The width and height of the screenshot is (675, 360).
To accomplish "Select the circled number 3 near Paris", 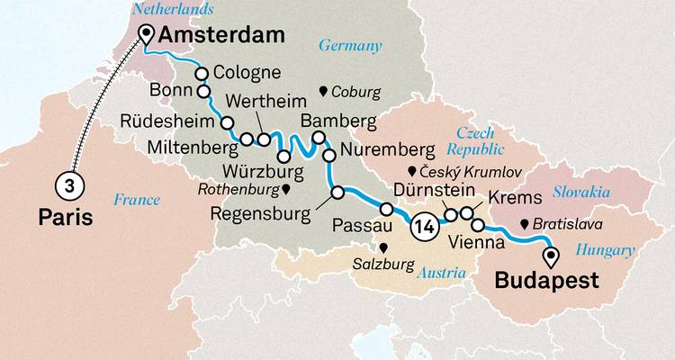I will (67, 185).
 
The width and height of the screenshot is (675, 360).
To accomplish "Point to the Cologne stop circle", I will (202, 75).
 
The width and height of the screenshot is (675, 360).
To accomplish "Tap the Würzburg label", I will (256, 169).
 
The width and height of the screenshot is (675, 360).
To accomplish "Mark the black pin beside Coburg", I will (324, 91).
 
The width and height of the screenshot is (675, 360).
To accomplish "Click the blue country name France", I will (136, 200).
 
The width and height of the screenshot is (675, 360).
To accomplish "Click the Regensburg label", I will (259, 213).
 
